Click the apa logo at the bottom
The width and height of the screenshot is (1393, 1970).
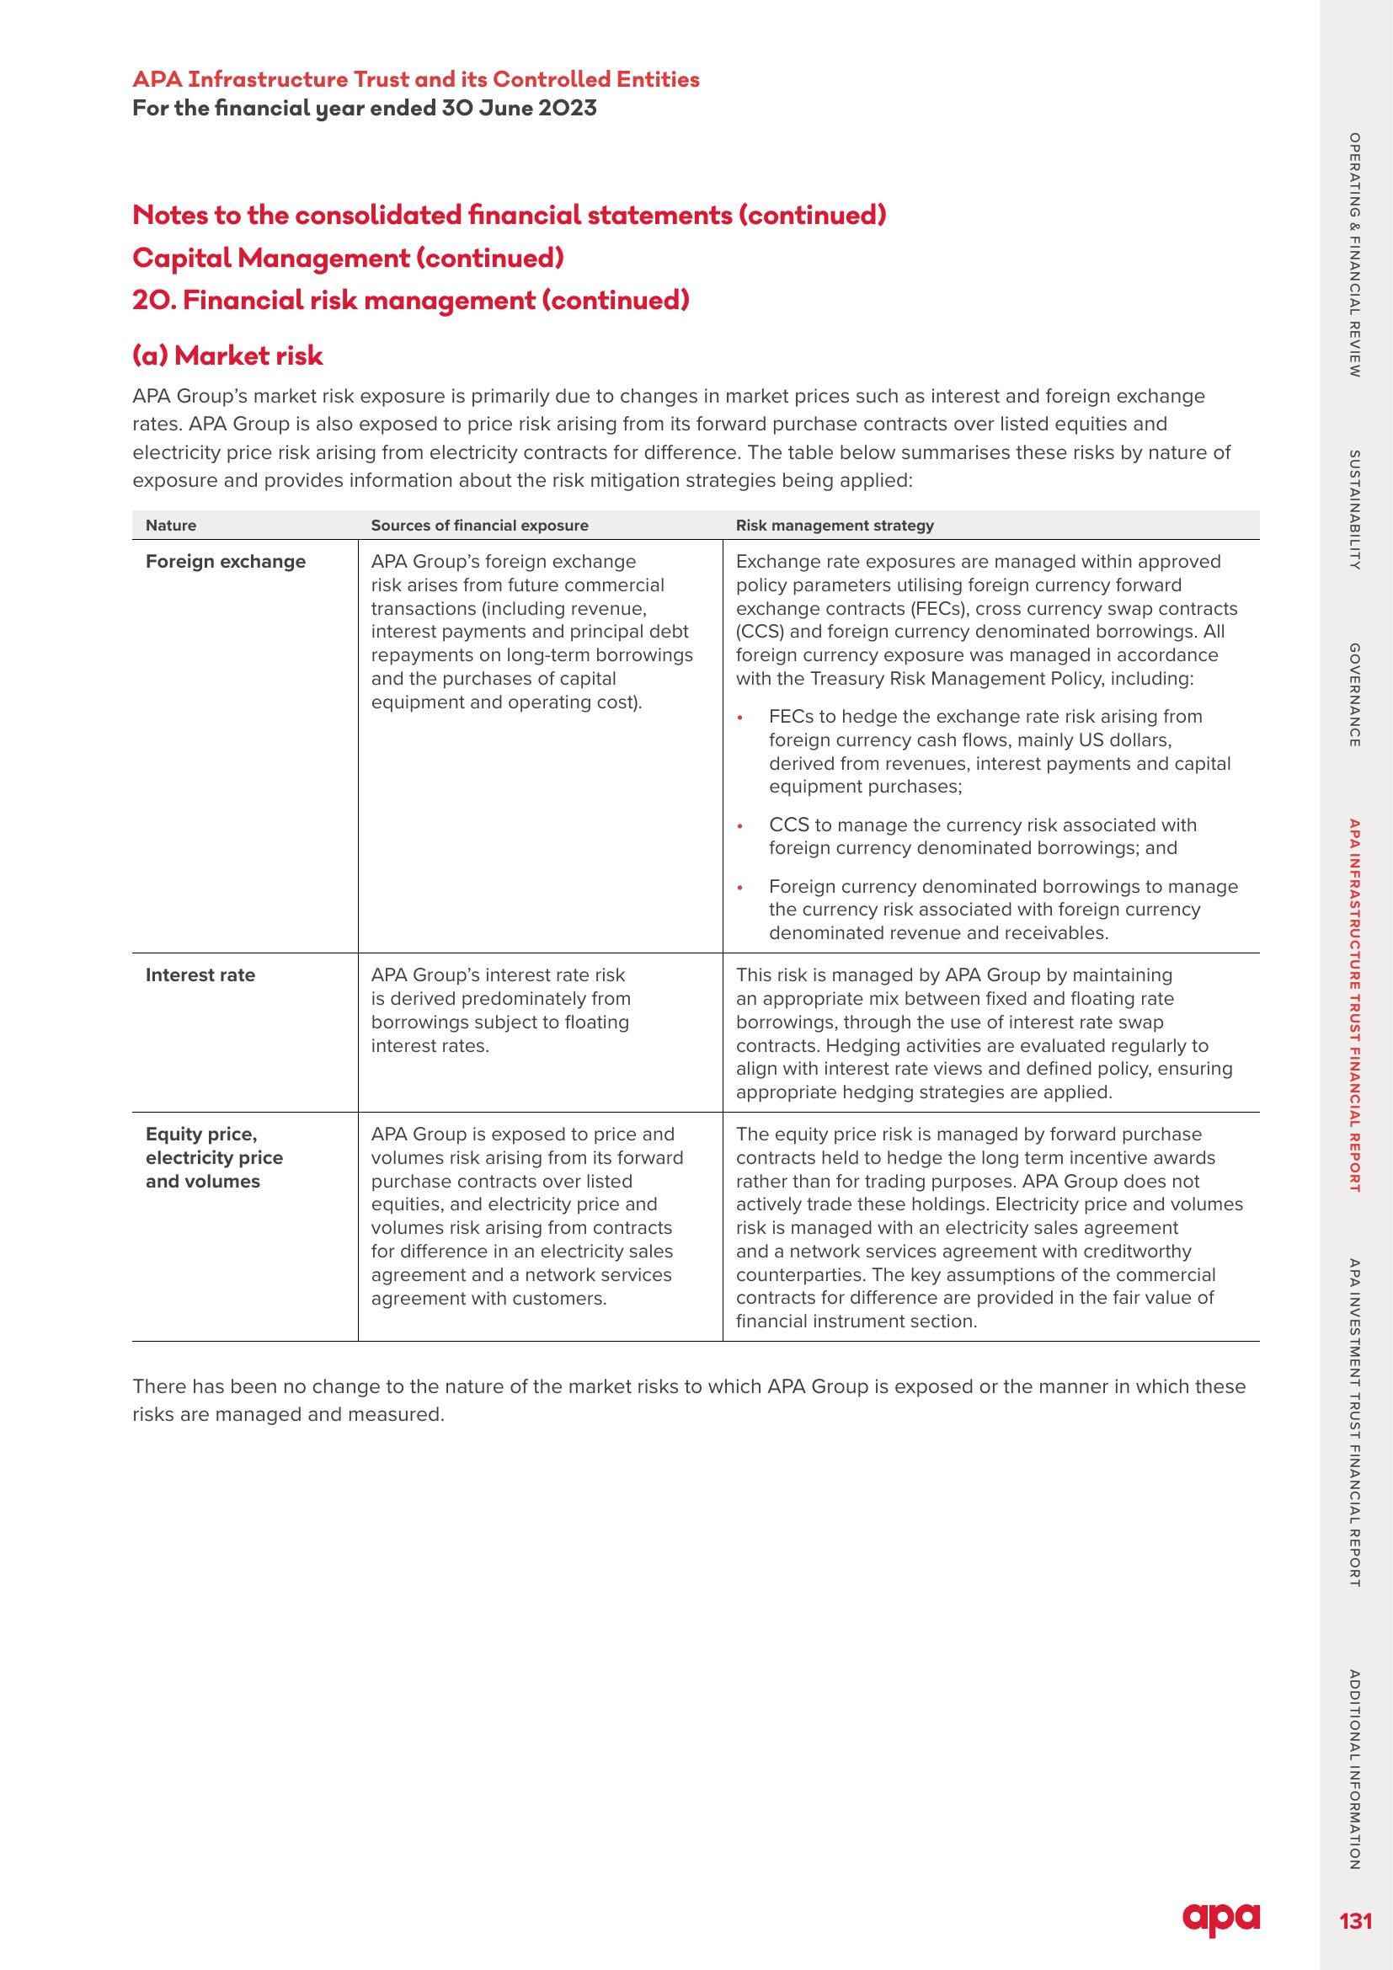pyautogui.click(x=1220, y=1919)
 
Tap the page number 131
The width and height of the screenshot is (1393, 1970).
pyautogui.click(x=1355, y=1921)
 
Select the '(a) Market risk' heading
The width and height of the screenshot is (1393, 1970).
pyautogui.click(x=227, y=355)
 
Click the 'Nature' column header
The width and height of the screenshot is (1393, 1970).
pyautogui.click(x=171, y=525)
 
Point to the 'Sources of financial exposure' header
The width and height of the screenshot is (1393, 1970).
pyautogui.click(x=479, y=525)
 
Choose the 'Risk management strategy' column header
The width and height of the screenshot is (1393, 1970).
pyautogui.click(x=835, y=525)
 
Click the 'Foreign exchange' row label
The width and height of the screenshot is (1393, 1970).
pyautogui.click(x=226, y=562)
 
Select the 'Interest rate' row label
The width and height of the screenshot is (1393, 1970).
pyautogui.click(x=200, y=975)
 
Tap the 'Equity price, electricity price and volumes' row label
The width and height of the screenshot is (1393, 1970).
pyautogui.click(x=214, y=1157)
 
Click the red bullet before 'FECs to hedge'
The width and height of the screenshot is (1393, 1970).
pyautogui.click(x=740, y=718)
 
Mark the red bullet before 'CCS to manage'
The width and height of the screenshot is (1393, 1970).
pyautogui.click(x=740, y=826)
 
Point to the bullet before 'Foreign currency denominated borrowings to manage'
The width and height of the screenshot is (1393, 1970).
pyautogui.click(x=740, y=887)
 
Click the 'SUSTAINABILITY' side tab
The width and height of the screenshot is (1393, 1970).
pyautogui.click(x=1354, y=510)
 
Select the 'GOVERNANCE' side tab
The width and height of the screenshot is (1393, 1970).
pyautogui.click(x=1354, y=695)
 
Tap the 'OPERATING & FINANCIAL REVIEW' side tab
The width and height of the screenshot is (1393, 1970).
pyautogui.click(x=1354, y=255)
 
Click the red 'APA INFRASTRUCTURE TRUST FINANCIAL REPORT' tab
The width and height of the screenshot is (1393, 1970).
pyautogui.click(x=1354, y=1006)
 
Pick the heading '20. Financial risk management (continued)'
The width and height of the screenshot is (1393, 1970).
pyautogui.click(x=411, y=301)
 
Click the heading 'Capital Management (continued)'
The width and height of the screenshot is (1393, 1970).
pyautogui.click(x=349, y=258)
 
